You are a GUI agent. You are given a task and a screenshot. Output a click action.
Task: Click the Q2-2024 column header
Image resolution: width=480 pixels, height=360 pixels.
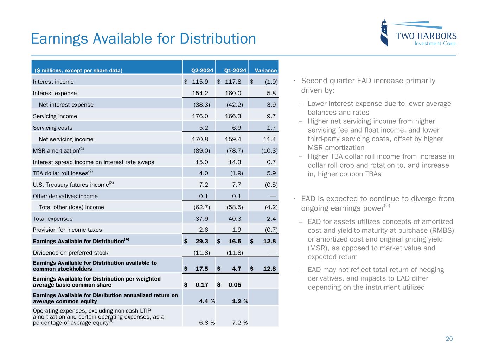coord(202,70)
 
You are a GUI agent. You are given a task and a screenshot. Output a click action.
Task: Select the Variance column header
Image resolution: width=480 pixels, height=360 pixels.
coord(265,70)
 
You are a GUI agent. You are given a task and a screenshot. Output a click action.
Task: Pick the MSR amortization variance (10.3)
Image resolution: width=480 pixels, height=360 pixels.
coord(269,150)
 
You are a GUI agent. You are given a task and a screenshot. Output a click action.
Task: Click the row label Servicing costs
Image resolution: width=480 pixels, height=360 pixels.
coord(52,128)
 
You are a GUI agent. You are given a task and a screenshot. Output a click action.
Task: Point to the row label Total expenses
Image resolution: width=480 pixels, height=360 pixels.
coord(52,219)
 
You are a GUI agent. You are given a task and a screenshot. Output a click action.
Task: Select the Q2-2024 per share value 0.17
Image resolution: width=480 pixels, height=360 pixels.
coord(201,285)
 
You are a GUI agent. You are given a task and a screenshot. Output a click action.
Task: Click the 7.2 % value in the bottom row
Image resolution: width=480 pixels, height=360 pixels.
coord(240,323)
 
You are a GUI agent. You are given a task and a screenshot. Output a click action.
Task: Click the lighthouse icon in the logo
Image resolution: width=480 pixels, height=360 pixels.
coord(385,33)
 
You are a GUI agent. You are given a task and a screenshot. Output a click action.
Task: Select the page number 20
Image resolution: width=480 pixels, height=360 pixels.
coord(449,339)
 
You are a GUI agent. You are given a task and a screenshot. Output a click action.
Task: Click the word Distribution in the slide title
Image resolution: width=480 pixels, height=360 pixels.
coord(218,39)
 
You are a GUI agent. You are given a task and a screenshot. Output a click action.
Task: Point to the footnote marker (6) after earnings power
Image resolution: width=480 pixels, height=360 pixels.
coord(387,206)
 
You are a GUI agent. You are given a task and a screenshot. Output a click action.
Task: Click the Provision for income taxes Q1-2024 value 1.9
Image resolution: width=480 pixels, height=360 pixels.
coord(237,230)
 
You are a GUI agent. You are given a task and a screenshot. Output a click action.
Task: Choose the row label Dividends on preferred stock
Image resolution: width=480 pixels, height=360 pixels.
coord(70,252)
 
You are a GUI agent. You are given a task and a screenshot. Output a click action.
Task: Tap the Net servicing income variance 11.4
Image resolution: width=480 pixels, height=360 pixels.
coord(269,139)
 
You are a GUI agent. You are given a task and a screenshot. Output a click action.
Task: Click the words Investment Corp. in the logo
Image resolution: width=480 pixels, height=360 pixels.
coord(435,44)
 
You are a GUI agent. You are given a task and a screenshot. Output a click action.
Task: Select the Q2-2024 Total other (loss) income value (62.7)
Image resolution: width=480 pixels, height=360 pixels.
coord(202,207)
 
